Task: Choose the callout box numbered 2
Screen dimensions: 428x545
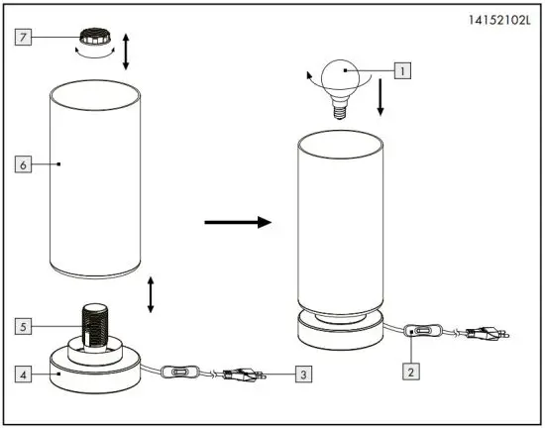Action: [x=409, y=373]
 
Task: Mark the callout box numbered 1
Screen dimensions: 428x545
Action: [x=400, y=70]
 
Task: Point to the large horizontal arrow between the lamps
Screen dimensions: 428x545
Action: [x=238, y=222]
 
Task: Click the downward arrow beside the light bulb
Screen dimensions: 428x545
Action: [x=381, y=96]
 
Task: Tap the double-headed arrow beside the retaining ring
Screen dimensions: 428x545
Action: [x=126, y=51]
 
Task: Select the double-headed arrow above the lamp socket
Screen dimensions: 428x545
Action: [x=151, y=294]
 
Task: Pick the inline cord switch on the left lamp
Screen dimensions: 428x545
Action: [x=179, y=374]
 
